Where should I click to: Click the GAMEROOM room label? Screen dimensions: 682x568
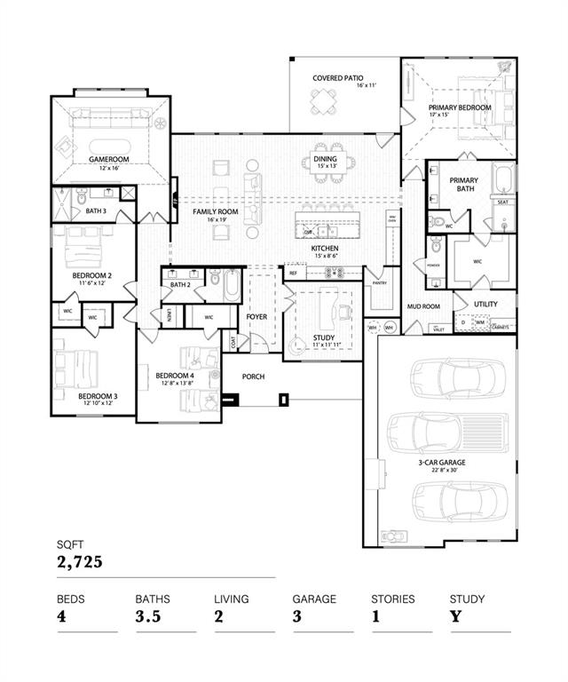pos(108,159)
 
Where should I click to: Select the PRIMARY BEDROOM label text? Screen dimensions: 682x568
pos(460,106)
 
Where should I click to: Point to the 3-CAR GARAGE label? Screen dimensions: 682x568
pos(441,463)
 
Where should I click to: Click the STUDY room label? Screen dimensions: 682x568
pos(324,337)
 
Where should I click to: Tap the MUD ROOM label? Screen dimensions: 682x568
pos(423,306)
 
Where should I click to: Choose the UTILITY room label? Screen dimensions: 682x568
pos(485,304)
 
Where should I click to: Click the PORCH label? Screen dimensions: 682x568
pos(254,377)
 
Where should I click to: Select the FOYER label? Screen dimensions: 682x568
pos(257,316)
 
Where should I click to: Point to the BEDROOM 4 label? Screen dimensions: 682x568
pos(174,376)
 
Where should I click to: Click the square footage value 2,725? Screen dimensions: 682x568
pos(81,562)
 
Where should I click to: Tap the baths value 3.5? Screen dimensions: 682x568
pos(147,616)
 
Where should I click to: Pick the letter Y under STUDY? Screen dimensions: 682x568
pos(455,616)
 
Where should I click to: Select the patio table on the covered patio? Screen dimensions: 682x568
pos(322,106)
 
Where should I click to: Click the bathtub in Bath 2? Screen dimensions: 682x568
pos(231,287)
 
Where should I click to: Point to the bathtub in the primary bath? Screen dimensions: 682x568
pos(502,178)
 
